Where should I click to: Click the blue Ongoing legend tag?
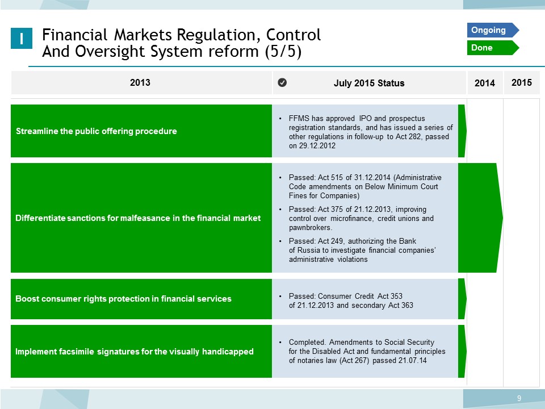coord(493,30)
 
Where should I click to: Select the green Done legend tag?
coord(493,48)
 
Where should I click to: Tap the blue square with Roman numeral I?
coord(22,38)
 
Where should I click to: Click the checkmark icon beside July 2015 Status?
coord(282,82)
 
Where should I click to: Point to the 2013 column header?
coord(140,82)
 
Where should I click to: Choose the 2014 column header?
coord(485,83)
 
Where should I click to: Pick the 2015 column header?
coord(522,82)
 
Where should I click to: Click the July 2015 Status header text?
coord(369,83)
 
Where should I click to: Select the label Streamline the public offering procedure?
coord(97,131)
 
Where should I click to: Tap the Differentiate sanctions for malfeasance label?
coord(138,218)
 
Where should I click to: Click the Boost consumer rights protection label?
coord(123,299)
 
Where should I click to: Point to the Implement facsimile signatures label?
coord(134,352)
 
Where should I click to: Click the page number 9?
coord(519,398)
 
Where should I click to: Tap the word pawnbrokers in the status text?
coord(310,228)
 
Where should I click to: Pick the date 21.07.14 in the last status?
coord(413,361)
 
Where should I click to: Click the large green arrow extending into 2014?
coord(480,218)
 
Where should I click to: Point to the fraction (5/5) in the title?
coord(283,52)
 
